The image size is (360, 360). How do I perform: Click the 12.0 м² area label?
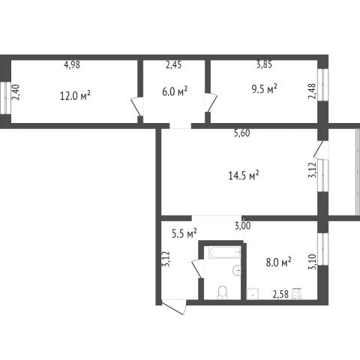(x=75, y=95)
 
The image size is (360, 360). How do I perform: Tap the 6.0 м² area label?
(x=175, y=91)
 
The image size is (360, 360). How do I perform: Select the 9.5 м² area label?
(x=265, y=88)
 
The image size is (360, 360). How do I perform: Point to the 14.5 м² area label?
(x=243, y=175)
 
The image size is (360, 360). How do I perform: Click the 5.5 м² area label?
(x=184, y=234)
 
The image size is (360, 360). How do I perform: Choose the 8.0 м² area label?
(x=278, y=262)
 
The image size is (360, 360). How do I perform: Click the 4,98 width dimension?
(x=72, y=64)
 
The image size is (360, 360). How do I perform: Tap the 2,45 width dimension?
(x=173, y=64)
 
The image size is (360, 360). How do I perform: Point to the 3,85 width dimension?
(x=264, y=64)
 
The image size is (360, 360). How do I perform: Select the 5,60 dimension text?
(x=241, y=133)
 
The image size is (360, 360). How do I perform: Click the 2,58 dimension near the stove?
(x=280, y=294)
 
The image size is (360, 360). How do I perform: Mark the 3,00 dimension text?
(x=242, y=226)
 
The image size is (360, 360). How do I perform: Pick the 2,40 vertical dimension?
(x=16, y=92)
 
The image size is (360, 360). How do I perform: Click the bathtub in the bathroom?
(x=225, y=253)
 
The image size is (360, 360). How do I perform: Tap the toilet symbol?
(x=222, y=292)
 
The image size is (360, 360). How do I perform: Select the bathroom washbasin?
(x=236, y=270)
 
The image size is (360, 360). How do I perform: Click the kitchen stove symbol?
(x=296, y=294)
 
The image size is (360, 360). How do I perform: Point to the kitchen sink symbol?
(x=253, y=294)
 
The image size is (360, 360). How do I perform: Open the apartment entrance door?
(x=175, y=307)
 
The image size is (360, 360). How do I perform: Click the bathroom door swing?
(x=198, y=269)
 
